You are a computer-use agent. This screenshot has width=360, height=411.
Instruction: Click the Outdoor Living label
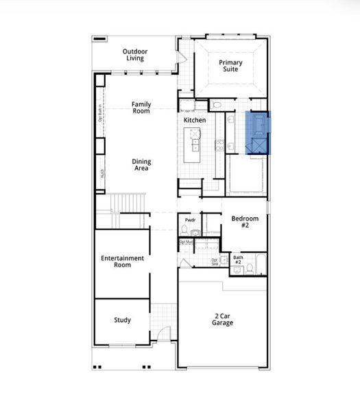coord(134,55)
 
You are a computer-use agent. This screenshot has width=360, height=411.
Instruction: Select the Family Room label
coord(141,108)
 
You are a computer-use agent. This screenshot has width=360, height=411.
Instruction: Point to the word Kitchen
coord(195,121)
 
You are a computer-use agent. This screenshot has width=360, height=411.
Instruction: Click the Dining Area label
coord(141,165)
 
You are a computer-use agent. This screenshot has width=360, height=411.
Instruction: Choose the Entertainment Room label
coord(122,261)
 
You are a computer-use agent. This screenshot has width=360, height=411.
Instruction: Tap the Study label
coord(122,320)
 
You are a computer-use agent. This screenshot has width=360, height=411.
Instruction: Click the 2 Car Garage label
coord(222,319)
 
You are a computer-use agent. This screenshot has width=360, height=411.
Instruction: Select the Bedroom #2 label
coord(244,222)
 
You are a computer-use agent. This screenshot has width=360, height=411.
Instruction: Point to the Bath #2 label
coord(238,260)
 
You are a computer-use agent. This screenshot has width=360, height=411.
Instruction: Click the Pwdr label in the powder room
coord(191,220)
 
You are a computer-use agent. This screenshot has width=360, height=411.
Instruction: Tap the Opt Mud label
coord(187,242)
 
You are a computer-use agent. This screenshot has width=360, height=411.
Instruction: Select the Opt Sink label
coord(215,261)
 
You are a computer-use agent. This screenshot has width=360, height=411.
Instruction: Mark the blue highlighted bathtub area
coord(259,132)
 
